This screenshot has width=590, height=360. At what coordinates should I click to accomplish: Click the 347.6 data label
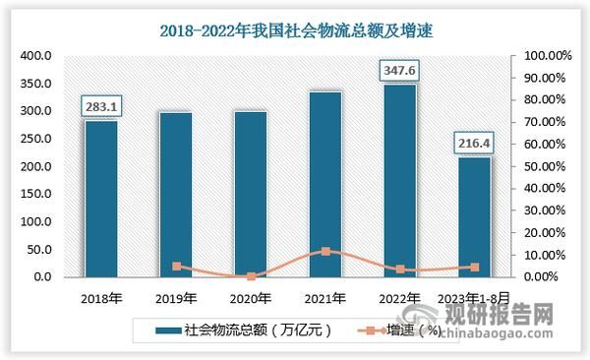pyautogui.click(x=400, y=70)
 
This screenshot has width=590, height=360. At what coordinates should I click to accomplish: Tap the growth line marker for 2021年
pyautogui.click(x=325, y=251)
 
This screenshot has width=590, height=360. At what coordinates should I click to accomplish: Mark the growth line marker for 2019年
pyautogui.click(x=176, y=267)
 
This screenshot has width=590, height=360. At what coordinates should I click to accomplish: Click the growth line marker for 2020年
pyautogui.click(x=251, y=276)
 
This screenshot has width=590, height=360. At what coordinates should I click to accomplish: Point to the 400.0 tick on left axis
pyautogui.click(x=35, y=56)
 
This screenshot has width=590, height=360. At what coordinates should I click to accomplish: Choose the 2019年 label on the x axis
pyautogui.click(x=176, y=296)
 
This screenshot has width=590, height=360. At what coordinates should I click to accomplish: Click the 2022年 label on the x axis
pyautogui.click(x=400, y=296)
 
